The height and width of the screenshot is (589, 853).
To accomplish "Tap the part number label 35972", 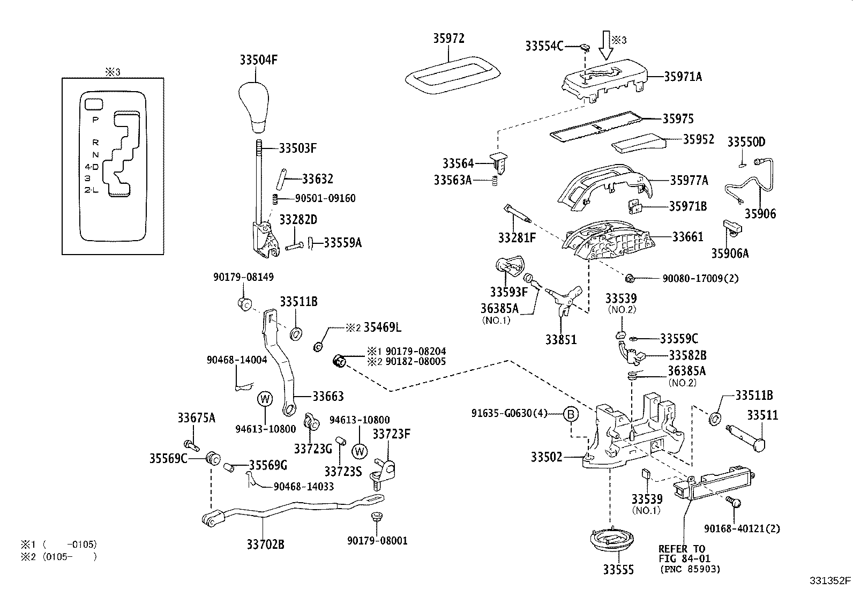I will pyautogui.click(x=448, y=39).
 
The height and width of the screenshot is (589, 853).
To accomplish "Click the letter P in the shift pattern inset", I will pyautogui.click(x=95, y=120).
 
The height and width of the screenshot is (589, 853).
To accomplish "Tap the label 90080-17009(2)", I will pyautogui.click(x=700, y=279).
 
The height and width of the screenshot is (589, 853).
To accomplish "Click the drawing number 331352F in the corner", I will pyautogui.click(x=829, y=580).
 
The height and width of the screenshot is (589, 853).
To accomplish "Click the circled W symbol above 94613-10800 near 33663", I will pyautogui.click(x=265, y=399).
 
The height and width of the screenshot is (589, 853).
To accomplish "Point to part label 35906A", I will pyautogui.click(x=730, y=253).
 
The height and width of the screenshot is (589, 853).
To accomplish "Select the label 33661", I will pyautogui.click(x=687, y=236).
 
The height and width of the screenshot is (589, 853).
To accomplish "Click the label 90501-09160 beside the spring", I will pyautogui.click(x=325, y=198).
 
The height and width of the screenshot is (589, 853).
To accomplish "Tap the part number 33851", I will pyautogui.click(x=561, y=339).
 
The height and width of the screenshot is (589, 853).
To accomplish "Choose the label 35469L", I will pyautogui.click(x=383, y=327).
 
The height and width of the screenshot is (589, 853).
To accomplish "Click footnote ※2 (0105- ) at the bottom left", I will pyautogui.click(x=59, y=557).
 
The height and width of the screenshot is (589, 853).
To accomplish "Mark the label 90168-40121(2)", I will pyautogui.click(x=742, y=528).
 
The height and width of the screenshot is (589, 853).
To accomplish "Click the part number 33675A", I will pyautogui.click(x=196, y=418).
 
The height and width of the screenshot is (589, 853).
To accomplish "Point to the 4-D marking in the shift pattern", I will pyautogui.click(x=92, y=167).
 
